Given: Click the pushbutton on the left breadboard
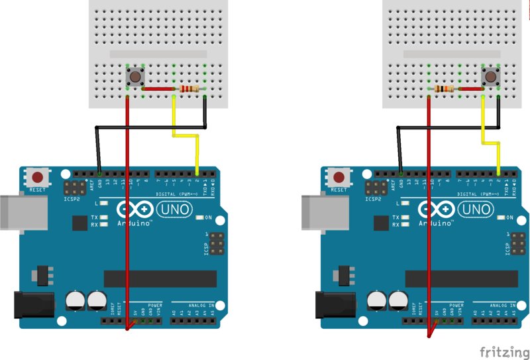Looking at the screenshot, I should click(x=136, y=77).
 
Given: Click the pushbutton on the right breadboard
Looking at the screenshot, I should click(x=491, y=77).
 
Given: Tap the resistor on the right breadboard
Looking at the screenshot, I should click(x=443, y=89).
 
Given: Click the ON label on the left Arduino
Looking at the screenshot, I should click(x=208, y=218).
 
